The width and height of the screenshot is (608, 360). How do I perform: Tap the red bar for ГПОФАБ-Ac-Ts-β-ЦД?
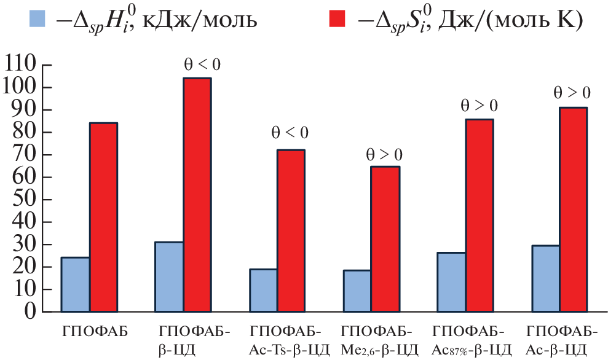pyautogui.click(x=290, y=230)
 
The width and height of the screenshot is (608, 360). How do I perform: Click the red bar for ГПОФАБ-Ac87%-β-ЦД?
pyautogui.click(x=479, y=215)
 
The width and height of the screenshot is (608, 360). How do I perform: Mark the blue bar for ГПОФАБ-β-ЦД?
pyautogui.click(x=169, y=276)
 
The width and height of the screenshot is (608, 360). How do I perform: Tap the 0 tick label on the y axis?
pyautogui.click(x=29, y=311)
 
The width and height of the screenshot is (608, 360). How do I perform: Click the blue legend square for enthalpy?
pyautogui.click(x=37, y=20)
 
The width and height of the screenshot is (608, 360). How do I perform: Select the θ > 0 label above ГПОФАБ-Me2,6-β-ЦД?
pyautogui.click(x=384, y=153)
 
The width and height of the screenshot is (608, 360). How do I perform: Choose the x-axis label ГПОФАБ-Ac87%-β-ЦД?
pyautogui.click(x=472, y=342)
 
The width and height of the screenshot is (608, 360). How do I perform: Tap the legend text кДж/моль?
pyautogui.click(x=200, y=22)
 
